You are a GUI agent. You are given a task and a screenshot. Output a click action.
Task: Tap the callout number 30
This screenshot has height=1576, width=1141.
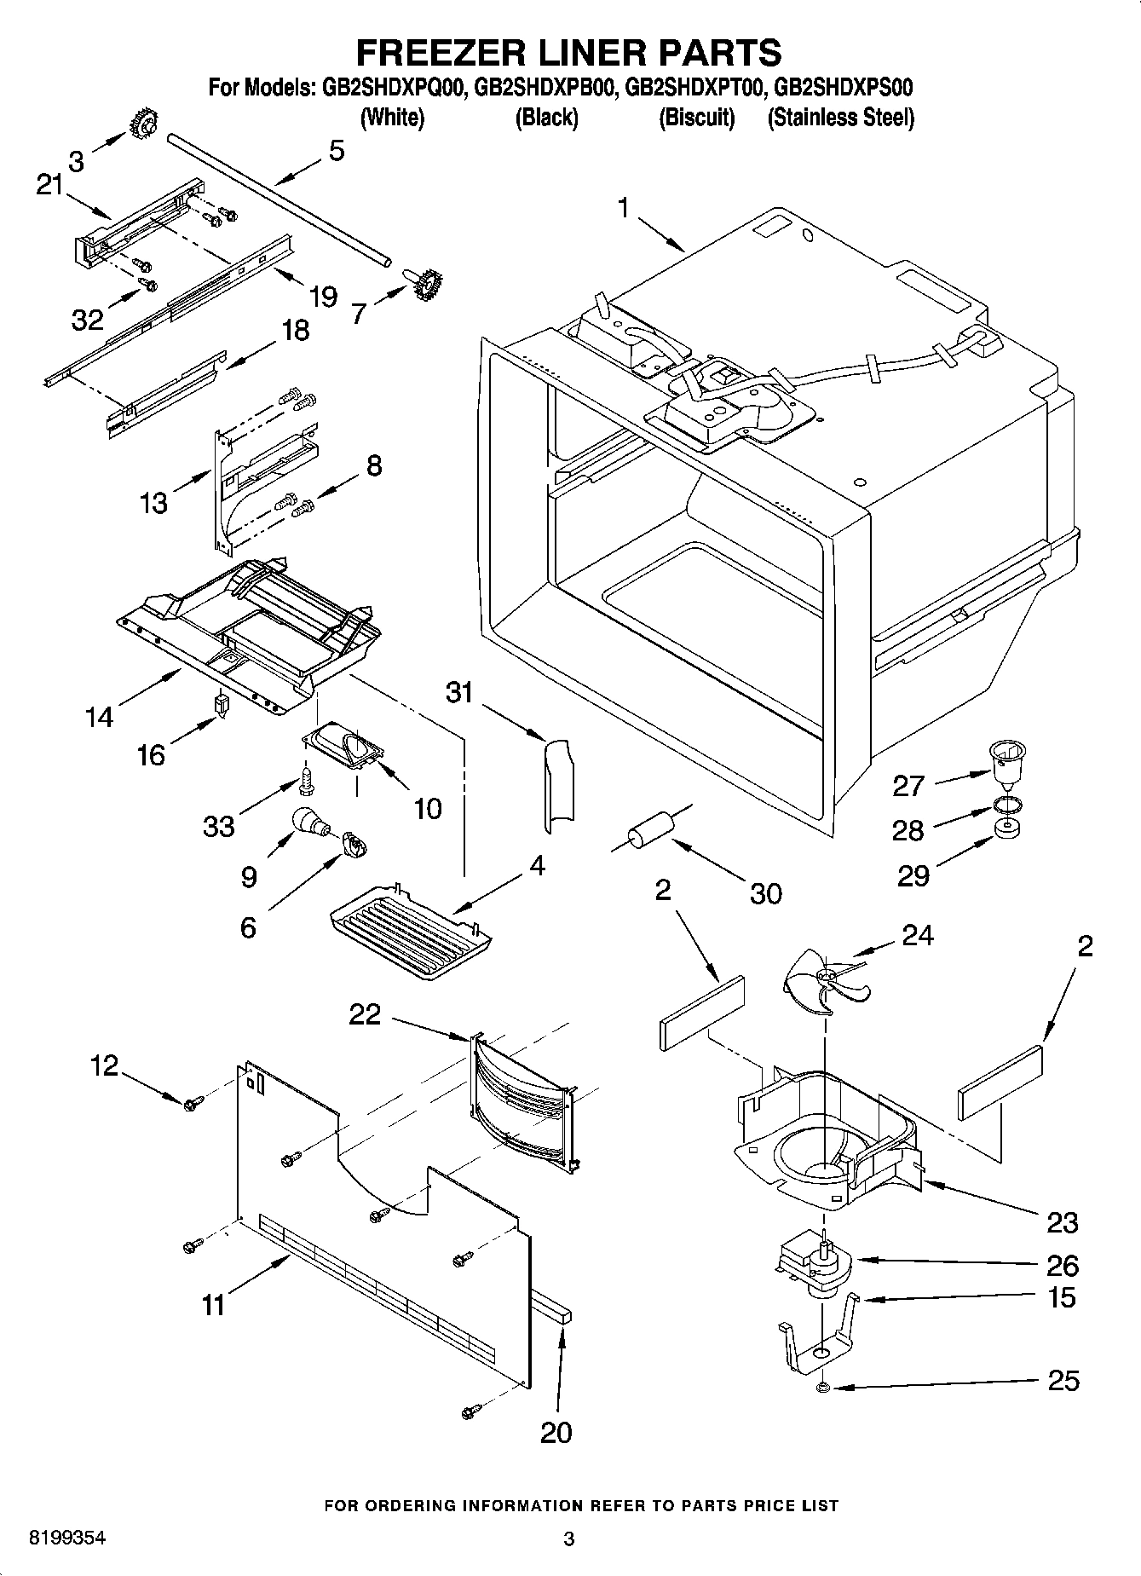pyautogui.click(x=765, y=893)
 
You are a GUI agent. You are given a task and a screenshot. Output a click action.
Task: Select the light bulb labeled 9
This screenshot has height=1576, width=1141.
pyautogui.click(x=308, y=821)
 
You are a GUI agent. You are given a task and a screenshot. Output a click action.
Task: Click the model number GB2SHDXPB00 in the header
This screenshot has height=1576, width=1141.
pyautogui.click(x=545, y=87)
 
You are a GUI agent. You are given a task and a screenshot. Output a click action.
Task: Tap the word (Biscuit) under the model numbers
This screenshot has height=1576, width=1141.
pyautogui.click(x=696, y=118)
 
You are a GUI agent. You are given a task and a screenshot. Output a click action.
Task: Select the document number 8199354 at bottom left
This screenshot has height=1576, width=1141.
pyautogui.click(x=68, y=1538)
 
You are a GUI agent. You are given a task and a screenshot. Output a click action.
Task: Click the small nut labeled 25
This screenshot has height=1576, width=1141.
pyautogui.click(x=822, y=1388)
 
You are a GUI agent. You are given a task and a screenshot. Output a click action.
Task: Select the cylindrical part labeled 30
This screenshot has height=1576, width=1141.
pyautogui.click(x=651, y=832)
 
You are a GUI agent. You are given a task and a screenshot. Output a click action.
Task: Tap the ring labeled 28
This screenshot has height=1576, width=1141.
pyautogui.click(x=1006, y=805)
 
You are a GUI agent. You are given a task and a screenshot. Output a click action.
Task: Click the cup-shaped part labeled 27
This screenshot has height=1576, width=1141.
pyautogui.click(x=1006, y=761)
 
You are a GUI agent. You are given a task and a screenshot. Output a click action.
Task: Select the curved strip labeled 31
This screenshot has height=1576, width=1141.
pyautogui.click(x=557, y=784)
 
